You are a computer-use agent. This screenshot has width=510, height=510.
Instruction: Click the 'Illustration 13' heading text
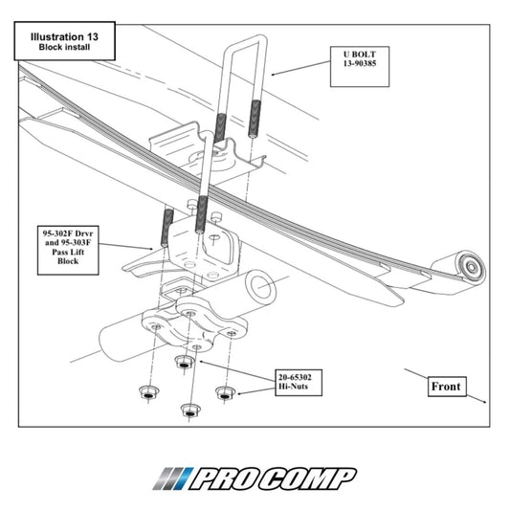tap(64, 36)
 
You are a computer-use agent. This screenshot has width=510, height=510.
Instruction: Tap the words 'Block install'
tap(64, 47)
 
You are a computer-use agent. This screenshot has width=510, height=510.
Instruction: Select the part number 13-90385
tap(360, 63)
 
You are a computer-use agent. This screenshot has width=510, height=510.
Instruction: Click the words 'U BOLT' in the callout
tap(360, 55)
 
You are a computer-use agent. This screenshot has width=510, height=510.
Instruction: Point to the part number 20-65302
tap(295, 377)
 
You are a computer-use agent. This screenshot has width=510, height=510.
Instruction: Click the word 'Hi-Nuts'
tap(293, 387)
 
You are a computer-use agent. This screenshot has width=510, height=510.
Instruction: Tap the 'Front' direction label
tap(446, 387)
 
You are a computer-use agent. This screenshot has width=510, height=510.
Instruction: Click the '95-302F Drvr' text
tap(68, 233)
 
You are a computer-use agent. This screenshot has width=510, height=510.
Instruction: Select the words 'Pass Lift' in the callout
tap(68, 252)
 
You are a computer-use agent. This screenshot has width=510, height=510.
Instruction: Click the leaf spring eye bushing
tap(471, 267)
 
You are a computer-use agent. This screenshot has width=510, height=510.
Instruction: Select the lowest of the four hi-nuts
tap(190, 410)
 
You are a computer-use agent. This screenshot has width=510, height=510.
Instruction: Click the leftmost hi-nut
tap(148, 392)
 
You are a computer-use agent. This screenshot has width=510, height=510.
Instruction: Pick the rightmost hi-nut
tap(225, 393)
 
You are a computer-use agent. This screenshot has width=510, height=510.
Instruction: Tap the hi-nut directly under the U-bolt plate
tap(184, 362)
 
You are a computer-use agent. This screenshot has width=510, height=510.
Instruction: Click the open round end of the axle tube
tap(261, 285)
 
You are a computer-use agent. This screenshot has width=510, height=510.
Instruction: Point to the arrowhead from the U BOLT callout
tap(274, 75)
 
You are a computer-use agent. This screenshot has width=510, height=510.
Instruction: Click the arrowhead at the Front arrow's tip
tap(484, 402)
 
